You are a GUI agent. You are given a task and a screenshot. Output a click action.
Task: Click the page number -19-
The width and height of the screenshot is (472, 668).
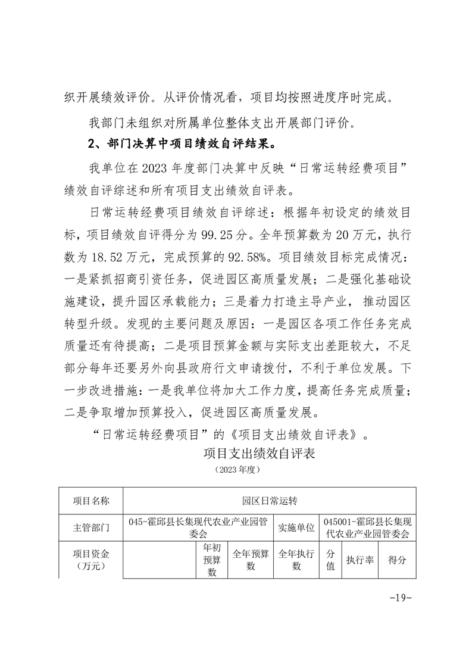pyautogui.click(x=399, y=598)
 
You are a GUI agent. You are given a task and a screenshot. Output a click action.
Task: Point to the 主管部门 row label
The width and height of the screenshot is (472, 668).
pyautogui.click(x=90, y=527)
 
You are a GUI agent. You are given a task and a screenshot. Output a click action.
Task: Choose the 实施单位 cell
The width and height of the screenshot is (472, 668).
pyautogui.click(x=296, y=527)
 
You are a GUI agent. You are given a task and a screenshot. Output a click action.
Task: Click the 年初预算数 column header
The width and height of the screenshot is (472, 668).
pyautogui.click(x=212, y=560)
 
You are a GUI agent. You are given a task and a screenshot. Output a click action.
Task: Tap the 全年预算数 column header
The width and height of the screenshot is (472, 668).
pyautogui.click(x=250, y=560)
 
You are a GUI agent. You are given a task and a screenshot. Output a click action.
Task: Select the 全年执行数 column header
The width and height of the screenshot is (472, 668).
pyautogui.click(x=296, y=560)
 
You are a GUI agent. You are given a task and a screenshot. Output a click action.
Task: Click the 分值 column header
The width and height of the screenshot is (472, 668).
pyautogui.click(x=330, y=560)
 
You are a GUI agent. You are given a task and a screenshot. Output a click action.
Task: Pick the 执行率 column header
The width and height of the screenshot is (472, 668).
pyautogui.click(x=360, y=560)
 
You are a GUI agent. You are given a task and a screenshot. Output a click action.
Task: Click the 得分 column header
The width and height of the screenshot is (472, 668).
pyautogui.click(x=396, y=560)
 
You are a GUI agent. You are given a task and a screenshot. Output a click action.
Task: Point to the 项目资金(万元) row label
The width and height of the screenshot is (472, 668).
pyautogui.click(x=90, y=560)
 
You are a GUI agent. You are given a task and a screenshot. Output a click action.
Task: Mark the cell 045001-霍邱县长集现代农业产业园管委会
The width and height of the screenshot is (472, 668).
pyautogui.click(x=367, y=527)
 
